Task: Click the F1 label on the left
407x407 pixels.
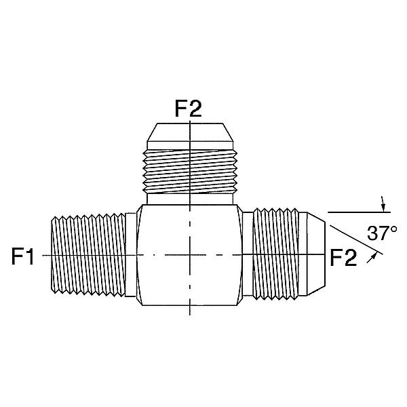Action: (x=23, y=256)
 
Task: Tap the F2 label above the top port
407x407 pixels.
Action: (x=188, y=109)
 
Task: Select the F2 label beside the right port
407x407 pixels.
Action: (x=343, y=258)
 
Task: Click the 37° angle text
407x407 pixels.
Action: (x=382, y=233)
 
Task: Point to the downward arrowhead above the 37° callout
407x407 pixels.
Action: (x=383, y=208)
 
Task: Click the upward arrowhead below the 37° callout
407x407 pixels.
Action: (x=373, y=257)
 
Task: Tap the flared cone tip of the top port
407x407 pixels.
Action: (x=190, y=132)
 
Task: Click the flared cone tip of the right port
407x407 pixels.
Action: (x=315, y=254)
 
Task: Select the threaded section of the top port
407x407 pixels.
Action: (x=190, y=172)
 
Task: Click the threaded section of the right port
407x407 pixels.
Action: (x=275, y=254)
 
